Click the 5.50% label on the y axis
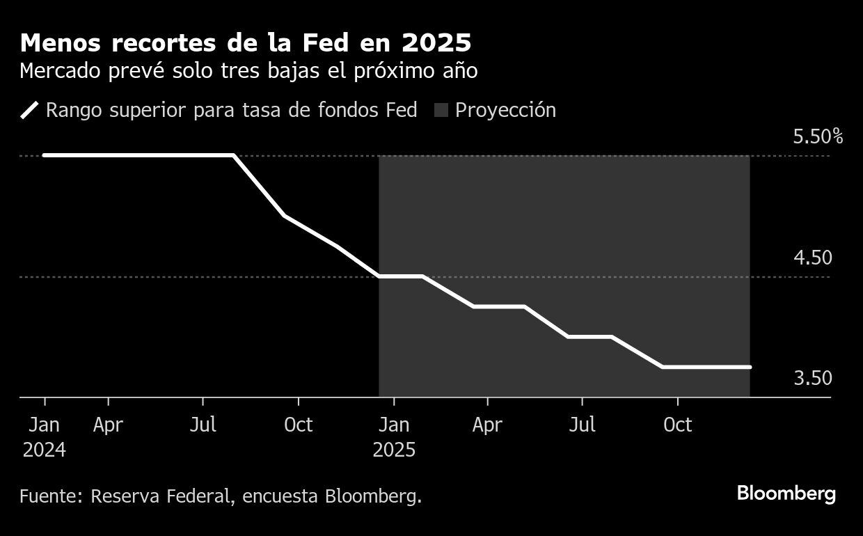click(817, 136)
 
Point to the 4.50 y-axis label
click(812, 258)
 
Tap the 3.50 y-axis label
click(812, 378)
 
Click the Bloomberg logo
click(786, 494)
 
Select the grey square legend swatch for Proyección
click(441, 110)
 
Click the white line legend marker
click(30, 110)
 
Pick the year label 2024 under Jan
click(45, 450)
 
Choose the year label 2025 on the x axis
click(394, 450)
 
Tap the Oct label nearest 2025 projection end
click(677, 425)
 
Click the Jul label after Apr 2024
click(203, 425)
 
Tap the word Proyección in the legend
click(505, 110)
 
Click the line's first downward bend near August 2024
click(233, 155)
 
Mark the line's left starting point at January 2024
click(45, 155)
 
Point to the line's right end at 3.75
click(750, 367)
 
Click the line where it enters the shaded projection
click(379, 276)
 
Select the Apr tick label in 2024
click(108, 425)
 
